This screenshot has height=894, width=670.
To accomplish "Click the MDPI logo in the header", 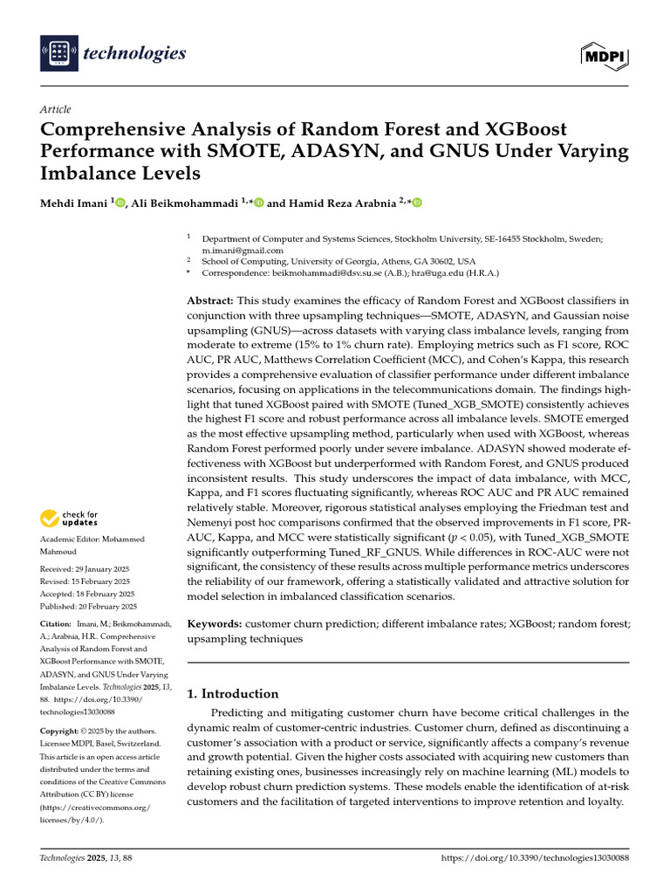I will [604, 55].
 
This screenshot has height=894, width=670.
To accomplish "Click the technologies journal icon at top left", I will [58, 54].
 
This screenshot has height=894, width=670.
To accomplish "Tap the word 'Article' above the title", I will [56, 109].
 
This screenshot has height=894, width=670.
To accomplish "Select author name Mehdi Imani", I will [74, 203].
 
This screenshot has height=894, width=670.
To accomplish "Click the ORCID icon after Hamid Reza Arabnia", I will [417, 203].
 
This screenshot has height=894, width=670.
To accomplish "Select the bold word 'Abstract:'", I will [211, 300].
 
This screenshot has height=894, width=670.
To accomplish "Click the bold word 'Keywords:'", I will [215, 625].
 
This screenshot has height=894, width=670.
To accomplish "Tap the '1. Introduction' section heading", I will [234, 694].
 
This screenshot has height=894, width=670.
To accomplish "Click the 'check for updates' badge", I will [70, 519].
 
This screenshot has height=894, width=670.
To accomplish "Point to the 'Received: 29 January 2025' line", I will [85, 569].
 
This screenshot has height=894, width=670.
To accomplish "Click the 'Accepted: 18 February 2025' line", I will [85, 594].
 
